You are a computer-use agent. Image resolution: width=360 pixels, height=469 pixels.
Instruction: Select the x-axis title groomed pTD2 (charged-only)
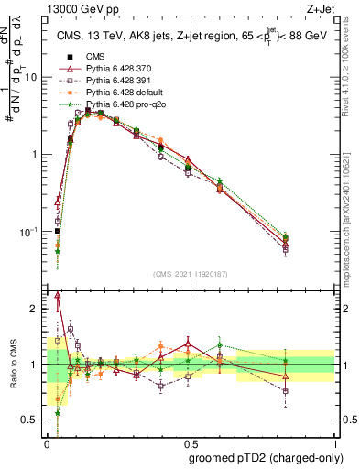[264, 457]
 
